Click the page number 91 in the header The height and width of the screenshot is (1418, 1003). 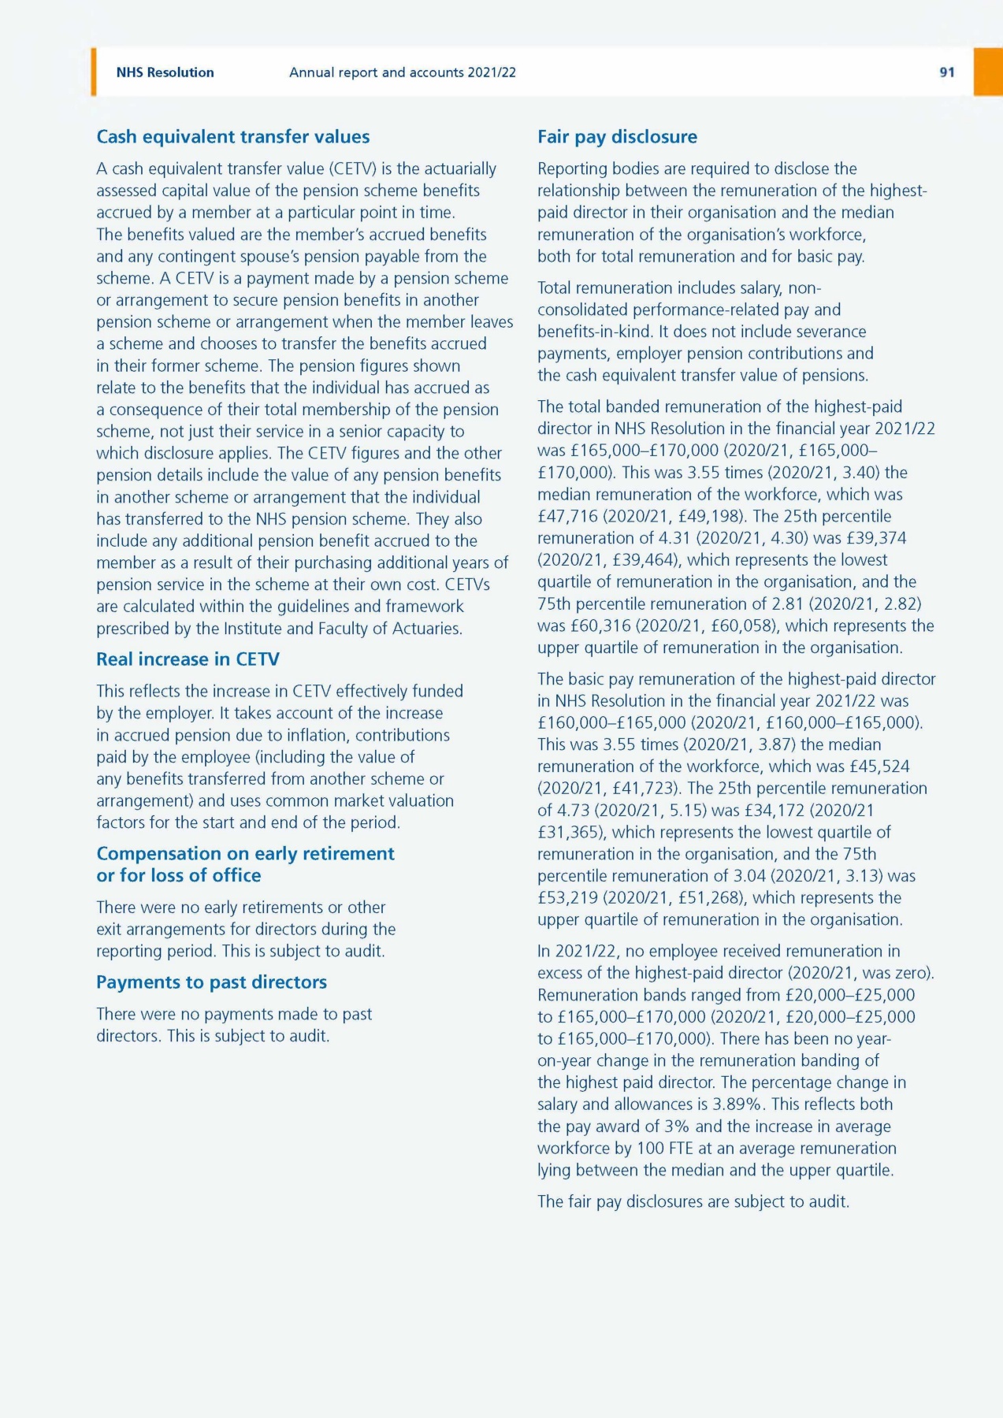946,72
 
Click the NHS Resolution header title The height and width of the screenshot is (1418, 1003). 165,72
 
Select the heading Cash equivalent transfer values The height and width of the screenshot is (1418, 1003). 232,136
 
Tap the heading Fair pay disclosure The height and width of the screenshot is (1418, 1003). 617,136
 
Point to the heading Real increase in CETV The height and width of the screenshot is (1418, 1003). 188,659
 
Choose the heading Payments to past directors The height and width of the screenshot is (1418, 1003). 211,982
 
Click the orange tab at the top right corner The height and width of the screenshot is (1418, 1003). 988,72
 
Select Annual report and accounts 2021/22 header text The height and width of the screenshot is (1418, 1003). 402,72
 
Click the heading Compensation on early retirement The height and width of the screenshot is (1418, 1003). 245,854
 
